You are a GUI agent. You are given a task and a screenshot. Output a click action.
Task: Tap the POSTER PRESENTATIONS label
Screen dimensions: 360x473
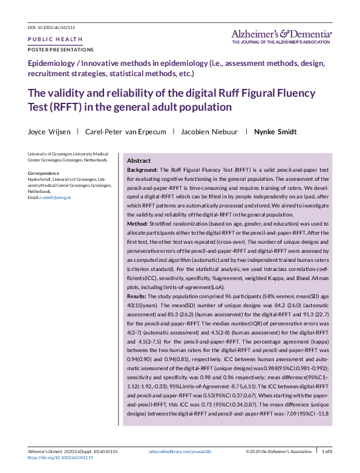[61, 49]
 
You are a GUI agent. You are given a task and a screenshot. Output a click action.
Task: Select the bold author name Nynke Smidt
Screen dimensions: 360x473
[275, 131]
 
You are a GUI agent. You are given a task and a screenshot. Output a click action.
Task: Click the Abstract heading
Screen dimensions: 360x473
[139, 161]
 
